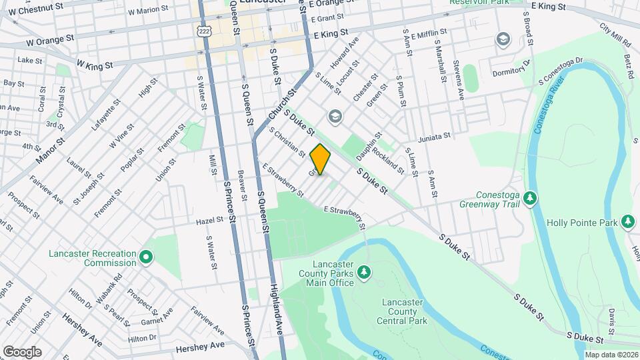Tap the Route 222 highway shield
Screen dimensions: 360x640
click(x=204, y=31)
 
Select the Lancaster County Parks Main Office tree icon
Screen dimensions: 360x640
click(x=363, y=272)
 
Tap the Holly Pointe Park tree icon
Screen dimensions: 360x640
click(x=627, y=221)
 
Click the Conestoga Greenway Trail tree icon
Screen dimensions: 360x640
click(x=530, y=197)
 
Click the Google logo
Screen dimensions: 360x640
click(x=22, y=351)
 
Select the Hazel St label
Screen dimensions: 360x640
click(x=209, y=221)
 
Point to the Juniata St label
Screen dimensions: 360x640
click(x=435, y=137)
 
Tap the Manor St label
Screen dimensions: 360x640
click(x=50, y=151)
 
